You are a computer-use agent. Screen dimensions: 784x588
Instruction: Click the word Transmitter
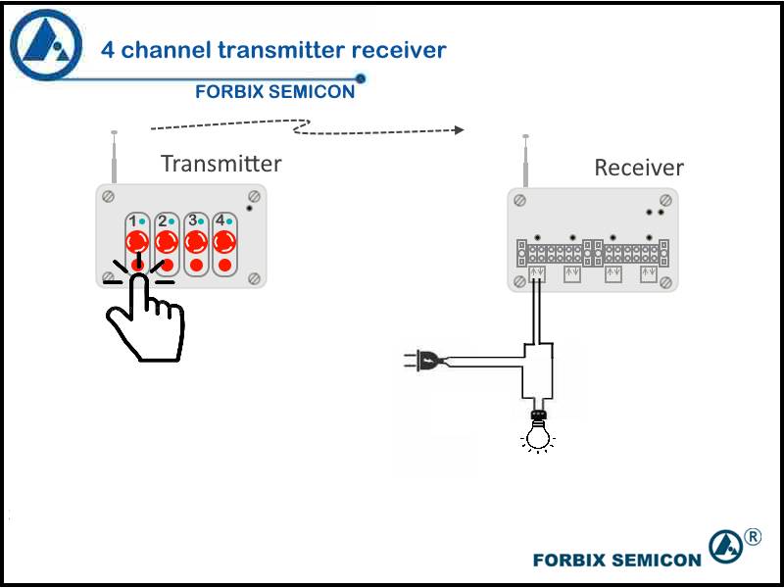tap(221, 164)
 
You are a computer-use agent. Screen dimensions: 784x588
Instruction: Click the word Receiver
tap(639, 168)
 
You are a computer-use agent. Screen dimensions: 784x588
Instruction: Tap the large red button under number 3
tap(196, 242)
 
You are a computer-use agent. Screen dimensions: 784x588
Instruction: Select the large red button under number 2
tap(167, 242)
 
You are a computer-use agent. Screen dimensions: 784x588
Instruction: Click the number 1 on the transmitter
tap(132, 221)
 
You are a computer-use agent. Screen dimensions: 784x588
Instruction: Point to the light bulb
tap(538, 432)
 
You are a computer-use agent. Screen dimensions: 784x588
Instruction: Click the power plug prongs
tap(410, 359)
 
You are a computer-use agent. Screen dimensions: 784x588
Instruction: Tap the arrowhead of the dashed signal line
tap(459, 130)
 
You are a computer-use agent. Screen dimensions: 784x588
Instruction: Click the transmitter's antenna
tap(114, 157)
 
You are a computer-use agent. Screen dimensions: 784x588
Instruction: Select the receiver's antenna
tap(525, 161)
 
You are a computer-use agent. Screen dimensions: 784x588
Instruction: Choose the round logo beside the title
tap(46, 45)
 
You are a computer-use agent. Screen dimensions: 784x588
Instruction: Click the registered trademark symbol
tap(753, 537)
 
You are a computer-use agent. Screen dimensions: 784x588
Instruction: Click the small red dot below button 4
tap(225, 265)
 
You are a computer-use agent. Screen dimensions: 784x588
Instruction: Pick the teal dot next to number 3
tap(201, 221)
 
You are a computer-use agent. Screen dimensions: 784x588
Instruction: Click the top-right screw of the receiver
tap(665, 201)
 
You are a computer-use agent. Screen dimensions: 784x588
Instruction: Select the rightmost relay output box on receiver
tap(649, 274)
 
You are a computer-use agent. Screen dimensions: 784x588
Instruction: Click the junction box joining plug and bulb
tap(538, 370)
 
